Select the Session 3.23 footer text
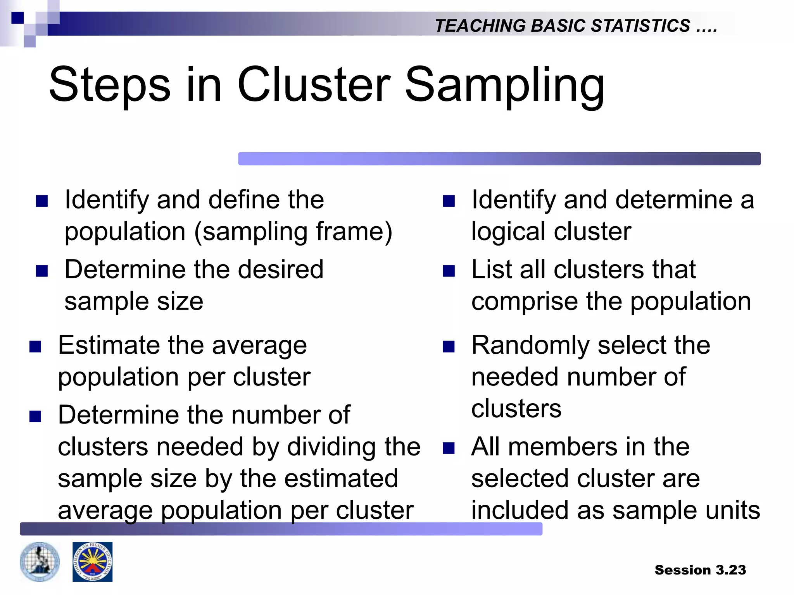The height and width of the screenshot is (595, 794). [700, 570]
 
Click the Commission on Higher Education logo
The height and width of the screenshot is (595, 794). [92, 562]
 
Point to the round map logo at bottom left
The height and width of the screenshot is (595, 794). [40, 562]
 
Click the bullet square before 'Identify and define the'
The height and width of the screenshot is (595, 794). [41, 201]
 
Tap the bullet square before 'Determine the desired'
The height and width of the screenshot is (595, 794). [41, 271]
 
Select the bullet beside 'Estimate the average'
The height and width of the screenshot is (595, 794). [35, 346]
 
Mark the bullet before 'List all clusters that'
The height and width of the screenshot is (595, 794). [449, 271]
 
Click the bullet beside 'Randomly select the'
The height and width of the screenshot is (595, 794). [449, 346]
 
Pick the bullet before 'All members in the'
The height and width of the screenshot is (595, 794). [449, 448]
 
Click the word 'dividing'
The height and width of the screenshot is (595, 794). [331, 447]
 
